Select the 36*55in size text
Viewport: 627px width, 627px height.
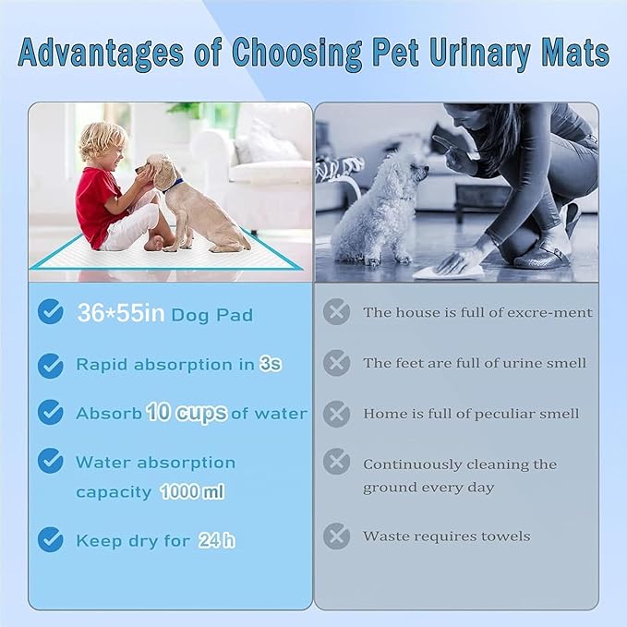click(121, 314)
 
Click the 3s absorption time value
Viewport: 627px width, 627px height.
click(271, 364)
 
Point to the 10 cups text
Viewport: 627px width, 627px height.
click(187, 413)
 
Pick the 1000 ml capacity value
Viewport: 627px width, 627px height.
click(192, 492)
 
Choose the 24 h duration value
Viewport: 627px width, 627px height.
click(216, 541)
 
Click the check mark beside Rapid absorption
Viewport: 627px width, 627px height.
click(51, 366)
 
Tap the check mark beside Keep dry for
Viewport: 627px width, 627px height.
click(51, 540)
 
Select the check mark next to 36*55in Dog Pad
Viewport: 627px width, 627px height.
click(51, 312)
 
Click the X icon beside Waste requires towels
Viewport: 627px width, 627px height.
click(336, 536)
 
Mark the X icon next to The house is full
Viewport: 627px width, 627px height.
click(336, 312)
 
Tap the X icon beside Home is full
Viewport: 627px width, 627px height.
click(336, 413)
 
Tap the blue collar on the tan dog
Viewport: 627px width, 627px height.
click(174, 184)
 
